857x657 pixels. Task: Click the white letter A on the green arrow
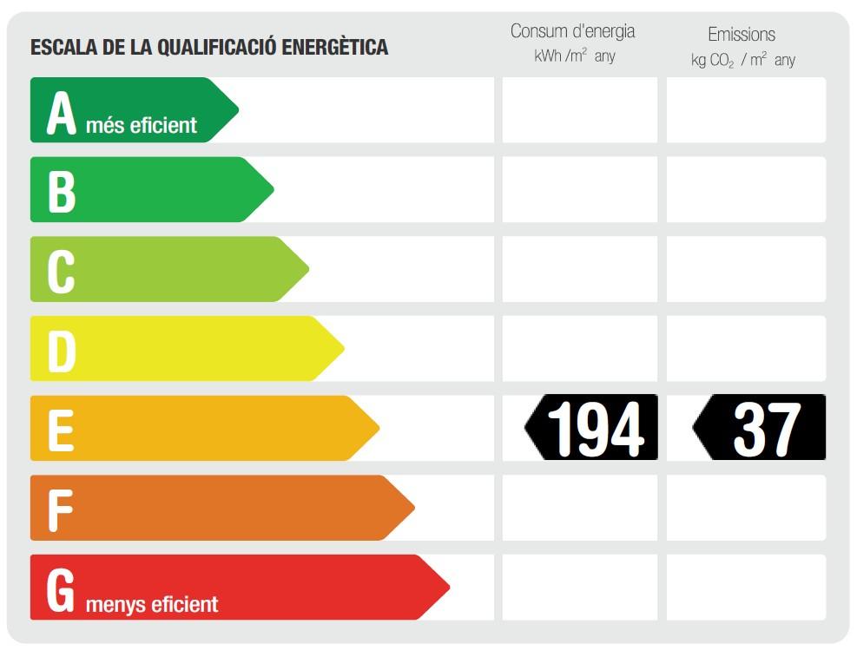point(61,113)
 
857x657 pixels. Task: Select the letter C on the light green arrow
point(61,272)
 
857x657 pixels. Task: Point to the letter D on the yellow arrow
point(61,351)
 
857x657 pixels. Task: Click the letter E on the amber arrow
point(60,430)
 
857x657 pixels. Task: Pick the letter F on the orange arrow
point(59,510)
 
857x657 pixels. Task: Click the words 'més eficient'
point(142,126)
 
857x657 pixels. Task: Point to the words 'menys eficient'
point(152,604)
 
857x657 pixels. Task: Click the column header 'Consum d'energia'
point(572,31)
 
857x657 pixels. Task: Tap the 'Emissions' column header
point(742,35)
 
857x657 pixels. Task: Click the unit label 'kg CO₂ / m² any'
point(742,60)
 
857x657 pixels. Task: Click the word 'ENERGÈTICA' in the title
point(335,47)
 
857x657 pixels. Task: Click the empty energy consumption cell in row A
point(580,110)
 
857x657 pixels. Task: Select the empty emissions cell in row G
point(746,588)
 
